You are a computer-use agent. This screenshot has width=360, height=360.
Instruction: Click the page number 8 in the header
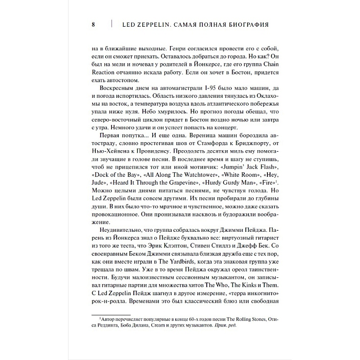click(93, 24)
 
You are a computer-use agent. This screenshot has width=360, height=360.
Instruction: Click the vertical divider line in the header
click(111, 24)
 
